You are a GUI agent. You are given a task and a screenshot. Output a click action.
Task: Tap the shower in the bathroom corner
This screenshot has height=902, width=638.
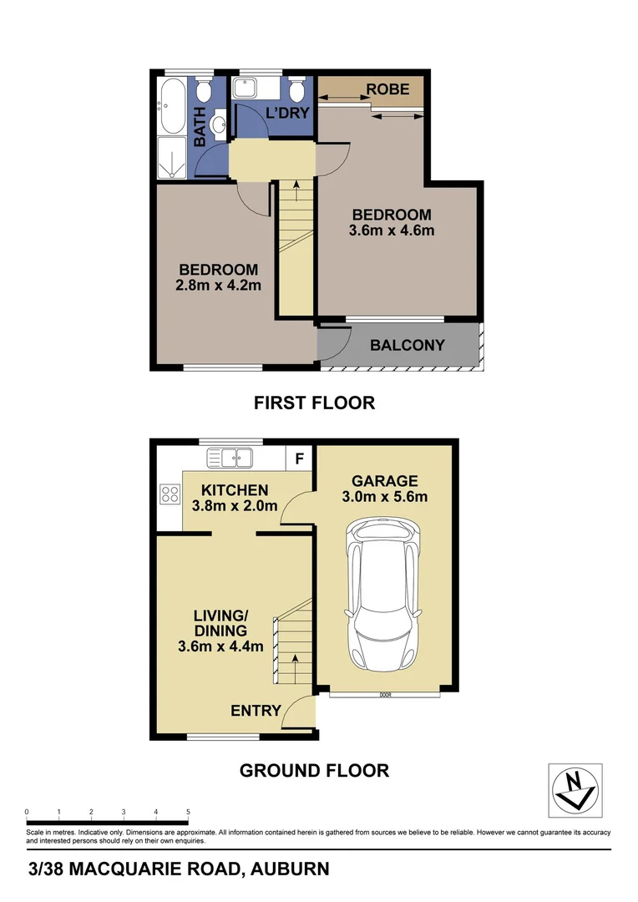coord(172,159)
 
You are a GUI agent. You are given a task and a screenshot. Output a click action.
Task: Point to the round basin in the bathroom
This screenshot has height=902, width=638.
coord(218,126)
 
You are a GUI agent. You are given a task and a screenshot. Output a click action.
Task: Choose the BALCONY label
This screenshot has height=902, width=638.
coord(408,345)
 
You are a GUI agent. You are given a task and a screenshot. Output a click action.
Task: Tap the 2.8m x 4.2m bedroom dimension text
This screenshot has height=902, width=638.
coord(219,286)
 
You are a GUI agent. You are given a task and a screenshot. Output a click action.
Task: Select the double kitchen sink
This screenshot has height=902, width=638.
coord(230,457)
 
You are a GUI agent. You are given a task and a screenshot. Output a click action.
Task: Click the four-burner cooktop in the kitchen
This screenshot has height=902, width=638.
coord(170,494)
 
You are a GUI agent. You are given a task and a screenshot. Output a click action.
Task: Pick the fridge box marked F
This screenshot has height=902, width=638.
coord(300,458)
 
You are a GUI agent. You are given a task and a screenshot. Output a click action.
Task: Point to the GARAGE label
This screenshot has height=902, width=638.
coord(384,481)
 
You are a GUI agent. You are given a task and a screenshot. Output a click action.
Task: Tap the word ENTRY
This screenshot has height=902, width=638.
coord(256,711)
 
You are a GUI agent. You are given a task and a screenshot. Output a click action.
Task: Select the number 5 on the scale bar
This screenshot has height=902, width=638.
coord(189,812)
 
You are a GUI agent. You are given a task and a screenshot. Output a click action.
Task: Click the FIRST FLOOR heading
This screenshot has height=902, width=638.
coord(314,403)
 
